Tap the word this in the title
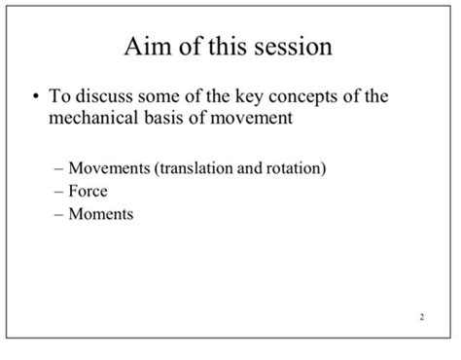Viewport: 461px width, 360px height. [225, 48]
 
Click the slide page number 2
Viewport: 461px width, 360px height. [422, 317]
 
